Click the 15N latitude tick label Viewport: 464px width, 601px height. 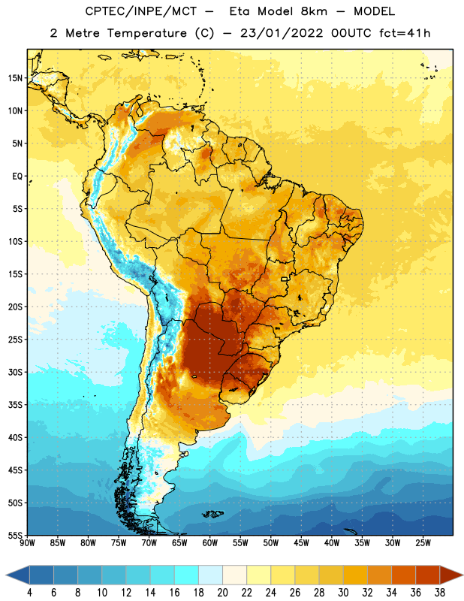click(15, 78)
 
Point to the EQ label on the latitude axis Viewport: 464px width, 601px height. click(17, 177)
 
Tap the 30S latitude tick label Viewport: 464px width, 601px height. click(15, 372)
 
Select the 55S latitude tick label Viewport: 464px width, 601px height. click(15, 536)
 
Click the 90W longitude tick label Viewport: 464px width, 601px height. click(27, 543)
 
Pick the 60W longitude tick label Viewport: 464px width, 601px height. click(210, 543)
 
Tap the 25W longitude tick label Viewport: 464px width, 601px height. click(423, 543)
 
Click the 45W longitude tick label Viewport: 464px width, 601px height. click(302, 543)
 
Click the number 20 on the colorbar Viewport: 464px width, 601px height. click(222, 593)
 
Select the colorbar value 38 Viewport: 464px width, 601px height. click(440, 593)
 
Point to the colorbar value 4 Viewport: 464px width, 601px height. click(30, 593)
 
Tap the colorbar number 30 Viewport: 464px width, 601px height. click(343, 593)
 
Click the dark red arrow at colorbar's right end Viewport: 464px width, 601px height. click(450, 575)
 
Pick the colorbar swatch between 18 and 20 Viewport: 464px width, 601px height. click(210, 575)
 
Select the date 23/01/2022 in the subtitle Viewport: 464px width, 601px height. click(282, 33)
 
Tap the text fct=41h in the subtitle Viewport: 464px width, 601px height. click(405, 33)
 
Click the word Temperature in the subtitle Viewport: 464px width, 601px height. click(146, 33)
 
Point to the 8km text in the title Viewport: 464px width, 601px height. click(314, 11)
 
